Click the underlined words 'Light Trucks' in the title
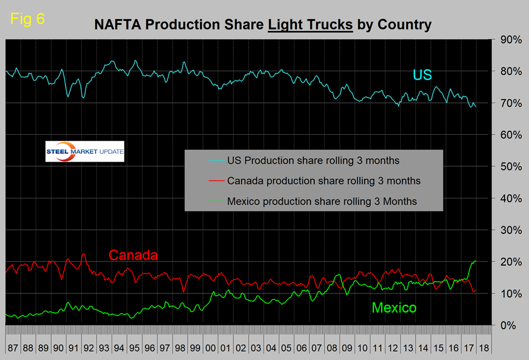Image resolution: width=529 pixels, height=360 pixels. [310, 25]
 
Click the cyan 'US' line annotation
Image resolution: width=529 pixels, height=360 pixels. [423, 75]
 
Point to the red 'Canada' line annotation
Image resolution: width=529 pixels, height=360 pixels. [133, 255]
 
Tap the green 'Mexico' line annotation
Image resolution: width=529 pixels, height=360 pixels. [394, 308]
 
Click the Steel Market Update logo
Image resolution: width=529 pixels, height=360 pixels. [85, 152]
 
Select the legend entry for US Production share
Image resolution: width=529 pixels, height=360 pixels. [304, 160]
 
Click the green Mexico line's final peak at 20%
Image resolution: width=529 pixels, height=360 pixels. [475, 261]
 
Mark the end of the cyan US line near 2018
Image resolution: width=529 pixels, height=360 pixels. [476, 106]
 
